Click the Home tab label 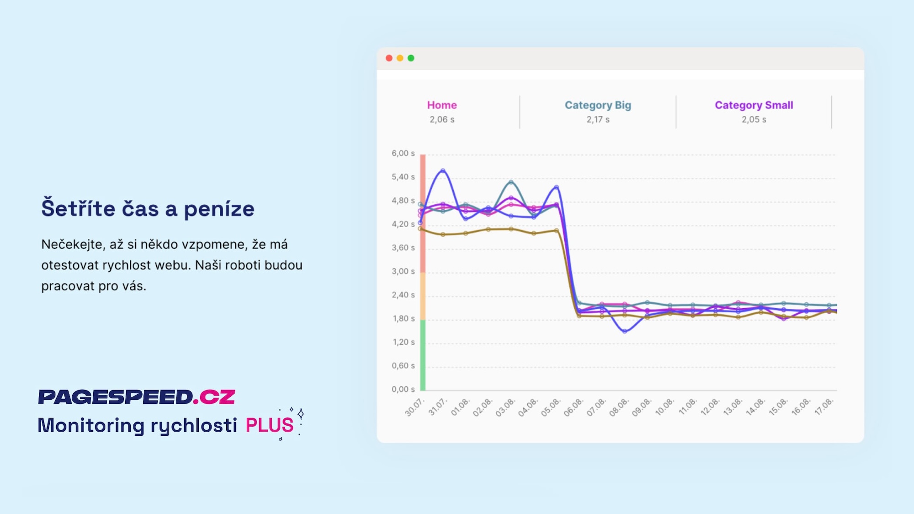click(441, 105)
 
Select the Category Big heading click(598, 105)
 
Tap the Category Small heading click(754, 105)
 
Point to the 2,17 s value click(598, 120)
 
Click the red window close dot click(389, 58)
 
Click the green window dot click(411, 58)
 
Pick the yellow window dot click(400, 58)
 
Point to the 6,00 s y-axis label click(403, 154)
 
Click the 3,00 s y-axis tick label click(403, 272)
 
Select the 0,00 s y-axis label click(403, 390)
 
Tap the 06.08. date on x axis click(573, 407)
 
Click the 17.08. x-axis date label click(824, 407)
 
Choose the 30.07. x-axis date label click(414, 407)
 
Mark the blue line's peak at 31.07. click(442, 171)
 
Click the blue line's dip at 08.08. click(625, 331)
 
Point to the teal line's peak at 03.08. click(511, 182)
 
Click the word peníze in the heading click(219, 209)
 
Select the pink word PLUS click(269, 425)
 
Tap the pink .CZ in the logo click(214, 397)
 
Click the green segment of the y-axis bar click(423, 355)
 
